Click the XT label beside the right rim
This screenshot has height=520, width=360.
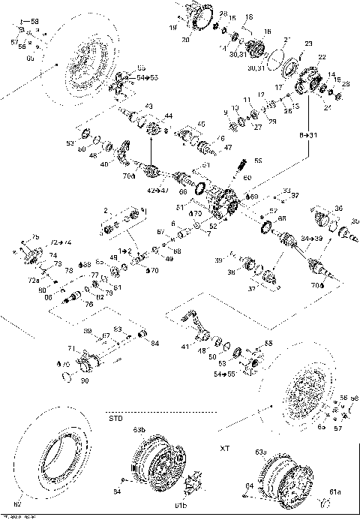pos(223,448)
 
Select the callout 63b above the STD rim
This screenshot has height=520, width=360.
pos(139,430)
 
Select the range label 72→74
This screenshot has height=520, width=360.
pos(61,244)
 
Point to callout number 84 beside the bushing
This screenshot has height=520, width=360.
pos(154,343)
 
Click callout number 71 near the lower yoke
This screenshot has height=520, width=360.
pos(71,349)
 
